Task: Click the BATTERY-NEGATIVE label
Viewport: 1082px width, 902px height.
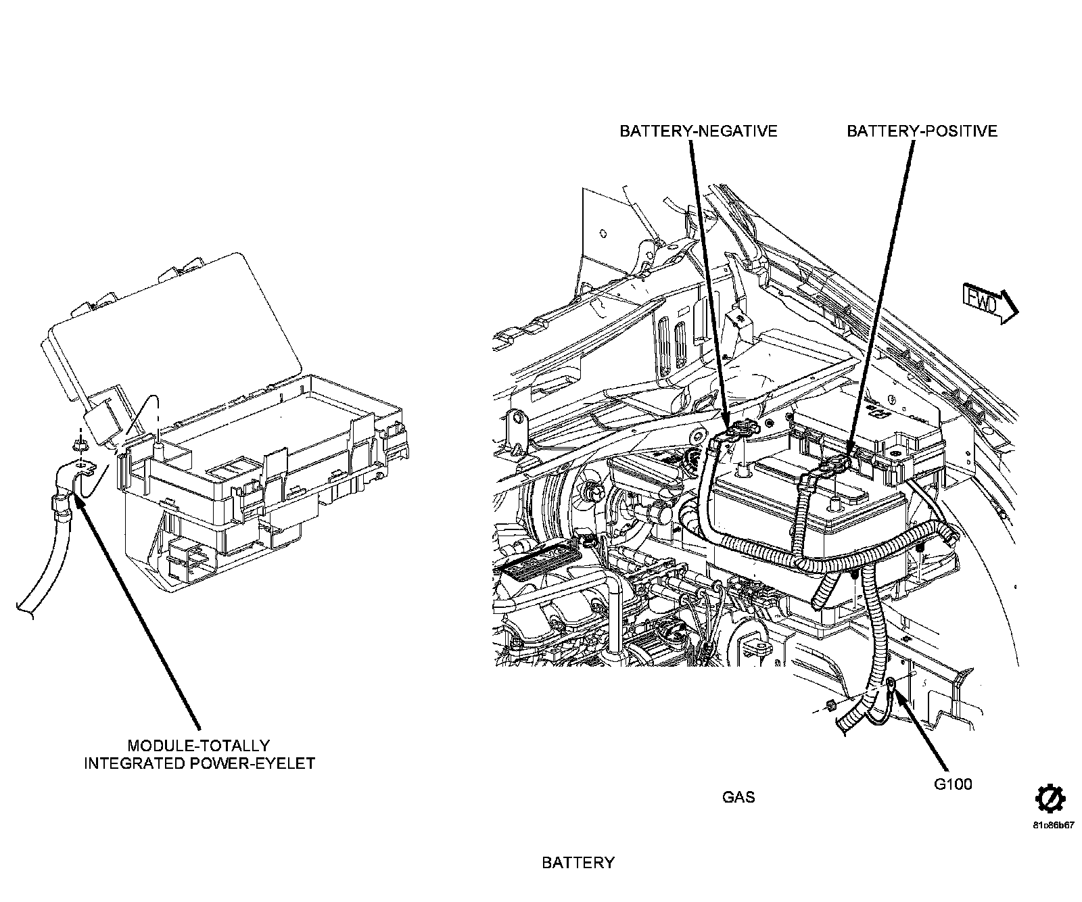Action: [699, 130]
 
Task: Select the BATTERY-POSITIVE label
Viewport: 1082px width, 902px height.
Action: [922, 130]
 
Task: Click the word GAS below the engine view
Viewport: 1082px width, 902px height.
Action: [738, 797]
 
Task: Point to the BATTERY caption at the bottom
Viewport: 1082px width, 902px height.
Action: [578, 863]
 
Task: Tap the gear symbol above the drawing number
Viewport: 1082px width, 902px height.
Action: [1051, 799]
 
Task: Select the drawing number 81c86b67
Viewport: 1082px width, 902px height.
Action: [1053, 826]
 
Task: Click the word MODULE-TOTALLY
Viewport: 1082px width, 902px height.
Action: [199, 746]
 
